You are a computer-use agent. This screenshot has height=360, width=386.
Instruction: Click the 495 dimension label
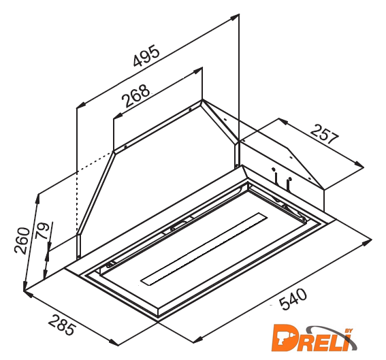[x=146, y=56]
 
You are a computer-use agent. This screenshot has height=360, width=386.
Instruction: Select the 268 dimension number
[x=135, y=96]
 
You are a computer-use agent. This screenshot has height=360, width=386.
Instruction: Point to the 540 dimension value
[x=293, y=299]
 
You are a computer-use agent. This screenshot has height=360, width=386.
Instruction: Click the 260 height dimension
[x=22, y=241]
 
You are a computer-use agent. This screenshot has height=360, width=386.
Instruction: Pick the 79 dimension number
[x=42, y=231]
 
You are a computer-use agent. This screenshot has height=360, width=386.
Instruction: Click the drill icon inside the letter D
[x=283, y=339]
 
